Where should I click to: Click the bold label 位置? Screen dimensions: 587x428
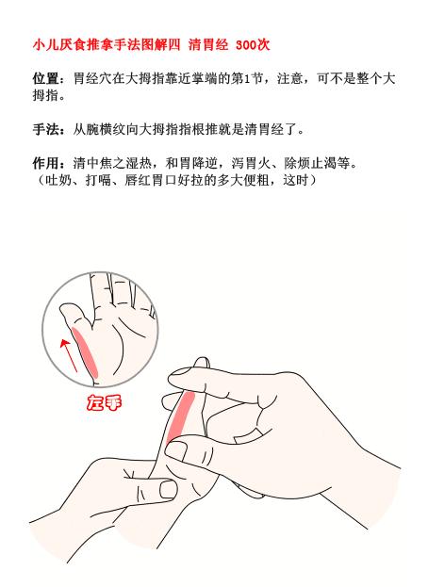(44, 80)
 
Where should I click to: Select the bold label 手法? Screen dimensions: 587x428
(44, 128)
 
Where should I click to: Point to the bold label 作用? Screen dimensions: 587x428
(44, 161)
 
